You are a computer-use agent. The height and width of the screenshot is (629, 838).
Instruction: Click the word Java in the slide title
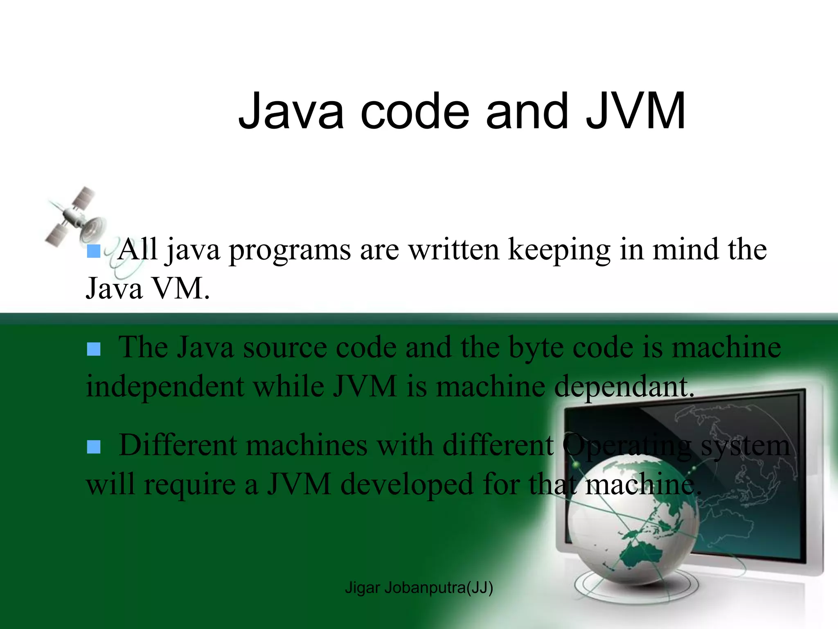click(x=291, y=111)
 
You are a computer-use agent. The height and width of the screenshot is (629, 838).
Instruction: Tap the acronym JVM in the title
click(x=635, y=111)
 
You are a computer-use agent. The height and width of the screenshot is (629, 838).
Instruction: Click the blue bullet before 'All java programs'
click(x=94, y=251)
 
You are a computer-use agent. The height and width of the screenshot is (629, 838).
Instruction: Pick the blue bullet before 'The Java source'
click(x=94, y=349)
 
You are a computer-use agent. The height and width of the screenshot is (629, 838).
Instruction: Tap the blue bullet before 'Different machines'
click(x=94, y=447)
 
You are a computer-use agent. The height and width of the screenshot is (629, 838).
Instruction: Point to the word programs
click(x=290, y=251)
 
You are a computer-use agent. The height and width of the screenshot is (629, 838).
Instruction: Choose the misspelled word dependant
click(x=624, y=387)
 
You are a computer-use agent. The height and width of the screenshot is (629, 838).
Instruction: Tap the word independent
click(x=164, y=387)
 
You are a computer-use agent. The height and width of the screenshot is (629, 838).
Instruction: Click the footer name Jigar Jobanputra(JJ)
click(x=419, y=588)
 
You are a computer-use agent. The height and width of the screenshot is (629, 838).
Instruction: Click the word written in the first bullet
click(x=454, y=250)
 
